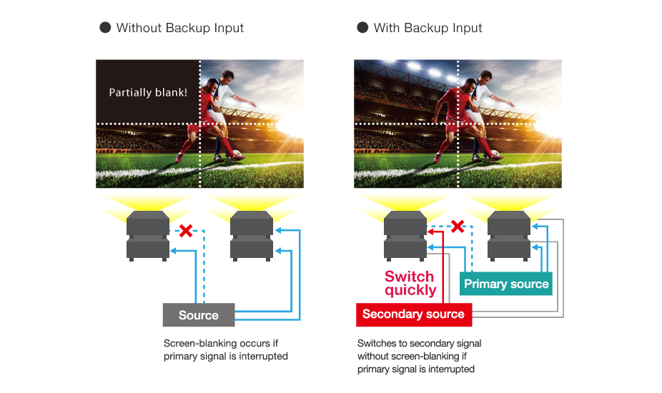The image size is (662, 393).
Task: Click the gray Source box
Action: tap(199, 315)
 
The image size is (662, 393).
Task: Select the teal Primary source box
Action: tap(506, 284)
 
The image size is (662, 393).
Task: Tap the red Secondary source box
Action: tap(412, 314)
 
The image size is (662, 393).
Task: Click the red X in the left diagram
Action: tap(185, 231)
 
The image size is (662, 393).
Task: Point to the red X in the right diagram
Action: tap(457, 227)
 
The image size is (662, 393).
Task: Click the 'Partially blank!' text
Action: tap(148, 92)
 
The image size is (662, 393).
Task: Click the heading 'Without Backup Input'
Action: tap(180, 28)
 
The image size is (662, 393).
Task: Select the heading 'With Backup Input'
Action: tap(428, 28)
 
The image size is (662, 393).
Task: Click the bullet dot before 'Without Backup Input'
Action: tap(105, 28)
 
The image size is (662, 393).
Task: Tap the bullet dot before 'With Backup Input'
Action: tap(362, 28)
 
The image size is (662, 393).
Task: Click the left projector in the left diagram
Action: tap(148, 237)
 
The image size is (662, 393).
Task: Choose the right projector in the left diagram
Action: tap(252, 237)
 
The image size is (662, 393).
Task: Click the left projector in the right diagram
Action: tap(405, 237)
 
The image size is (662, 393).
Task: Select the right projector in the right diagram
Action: tap(509, 237)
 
